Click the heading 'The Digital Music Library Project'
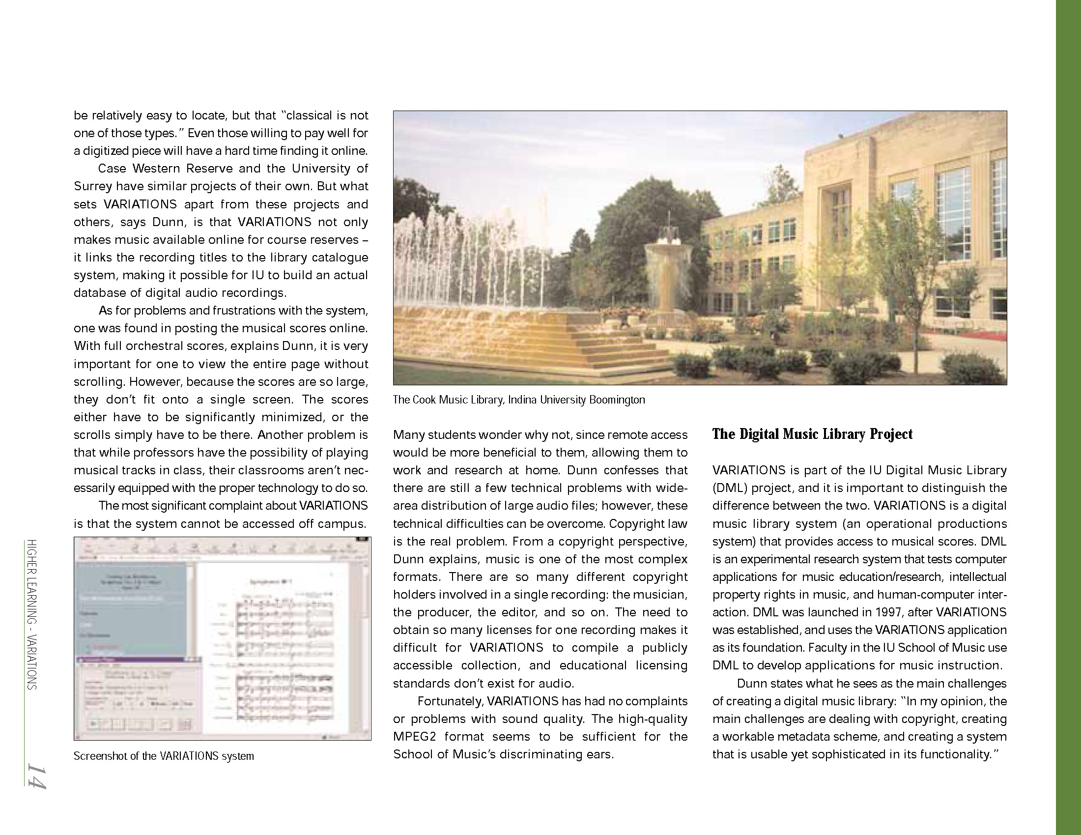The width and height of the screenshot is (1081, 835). point(812,434)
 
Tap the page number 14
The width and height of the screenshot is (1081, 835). point(36,776)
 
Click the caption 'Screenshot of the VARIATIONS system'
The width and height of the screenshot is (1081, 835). point(164,756)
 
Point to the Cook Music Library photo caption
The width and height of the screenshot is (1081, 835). point(519,400)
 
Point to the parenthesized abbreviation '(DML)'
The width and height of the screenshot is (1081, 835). point(730,488)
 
